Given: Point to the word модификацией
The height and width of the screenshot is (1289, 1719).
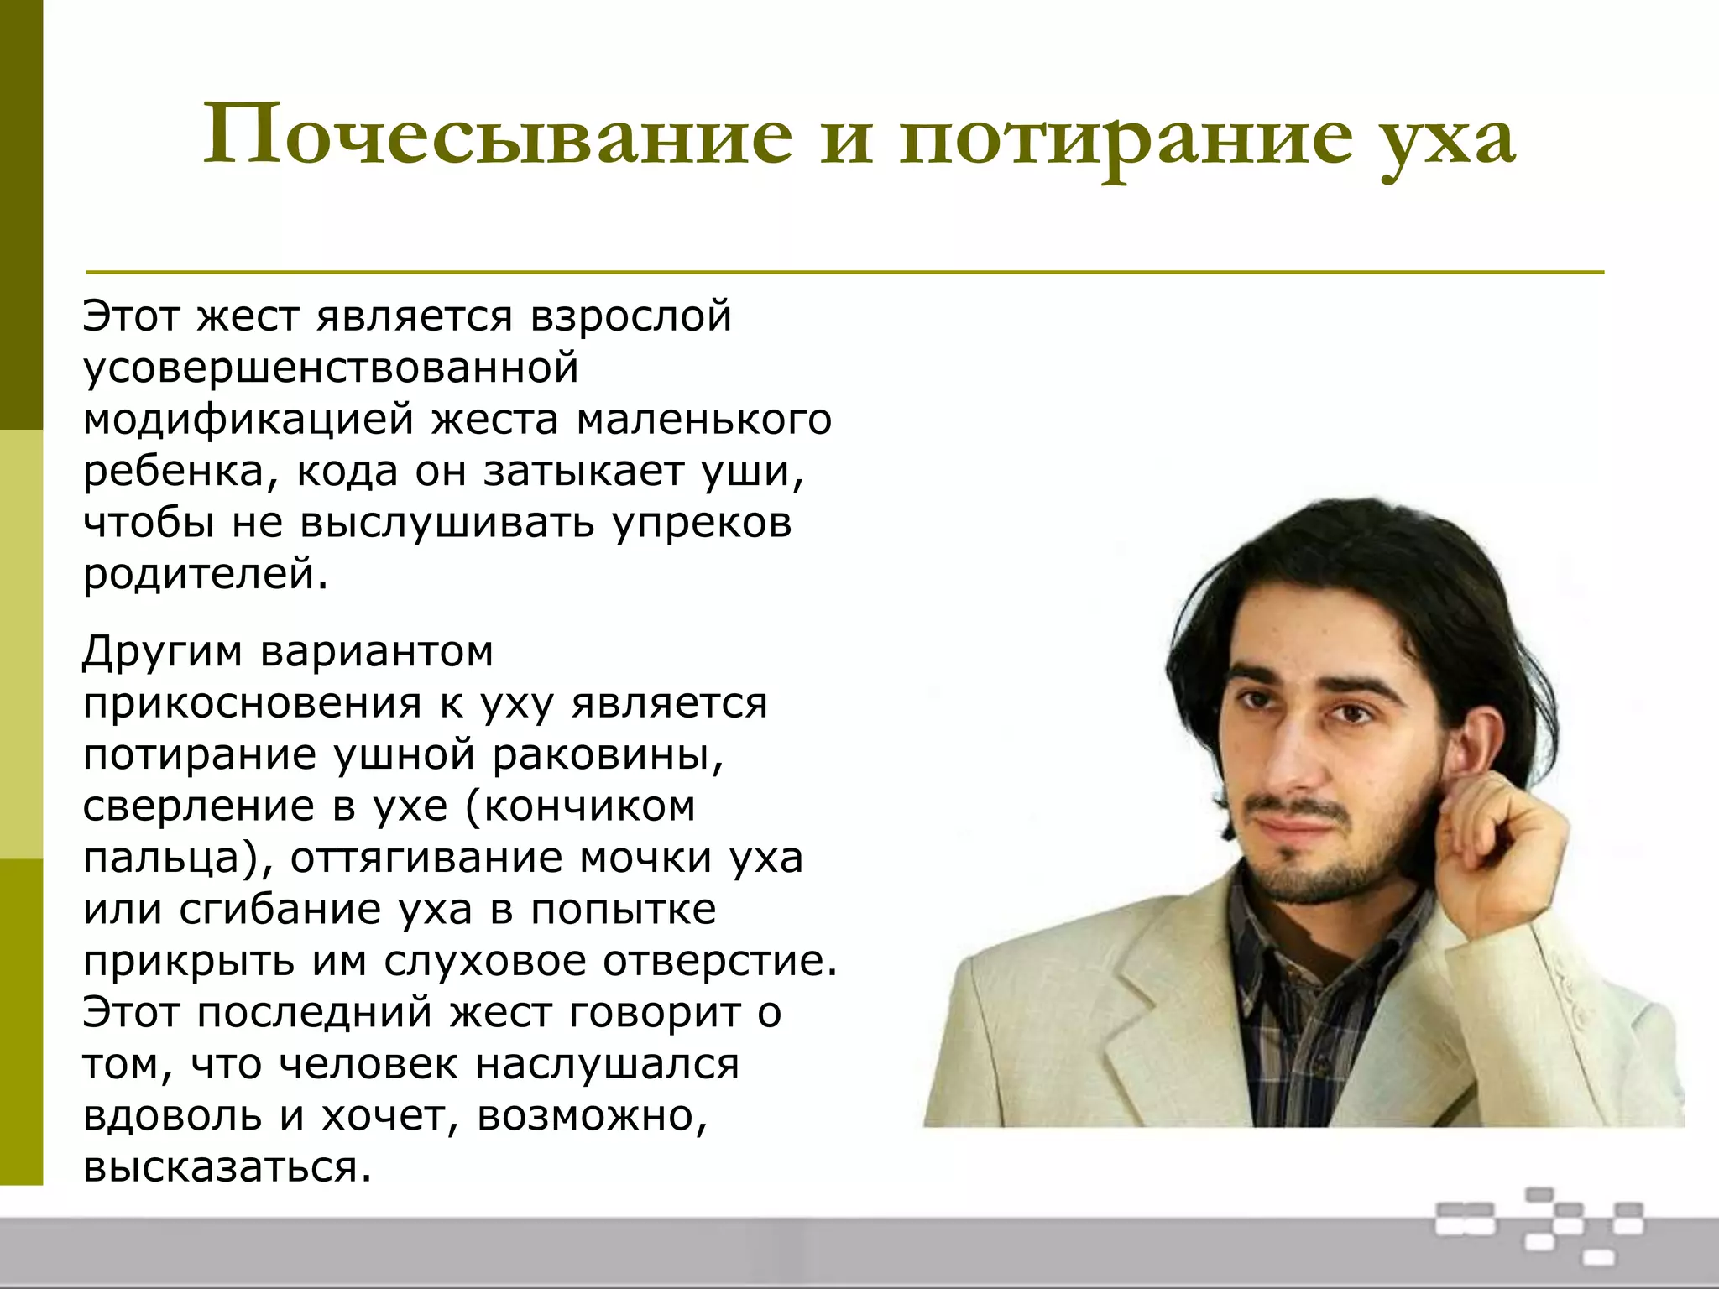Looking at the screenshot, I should pos(248,420).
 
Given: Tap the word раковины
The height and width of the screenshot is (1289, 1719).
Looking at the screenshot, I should pos(608,755).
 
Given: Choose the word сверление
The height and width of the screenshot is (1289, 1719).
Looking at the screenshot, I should pos(198,807).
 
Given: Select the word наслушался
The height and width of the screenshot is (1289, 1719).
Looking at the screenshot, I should pos(608,1065).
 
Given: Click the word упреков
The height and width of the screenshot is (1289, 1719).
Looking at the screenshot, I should pos(702,523).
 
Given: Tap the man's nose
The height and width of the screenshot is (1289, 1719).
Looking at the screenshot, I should pos(1288,755).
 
